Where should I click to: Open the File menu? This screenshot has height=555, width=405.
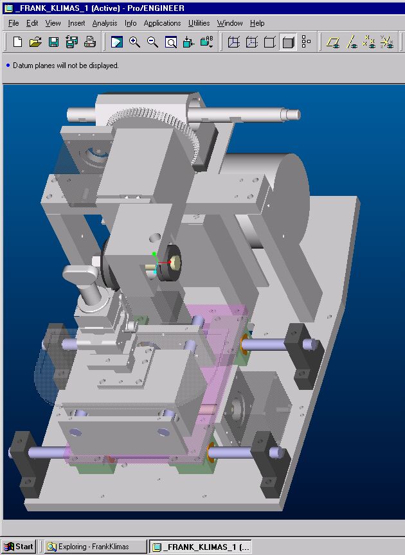coord(14,23)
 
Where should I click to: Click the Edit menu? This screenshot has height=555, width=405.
coord(32,23)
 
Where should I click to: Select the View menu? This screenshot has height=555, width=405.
coord(53,23)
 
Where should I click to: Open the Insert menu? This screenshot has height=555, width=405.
coord(76,23)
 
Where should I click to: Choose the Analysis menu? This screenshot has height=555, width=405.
coord(105,23)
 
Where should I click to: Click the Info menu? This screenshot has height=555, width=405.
coord(130,23)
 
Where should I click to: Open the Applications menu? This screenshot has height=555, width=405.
coord(162,23)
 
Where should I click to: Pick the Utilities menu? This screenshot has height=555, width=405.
coord(199,23)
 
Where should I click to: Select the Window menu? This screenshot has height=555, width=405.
coord(230,23)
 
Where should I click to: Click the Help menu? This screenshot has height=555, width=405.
coord(257,23)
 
